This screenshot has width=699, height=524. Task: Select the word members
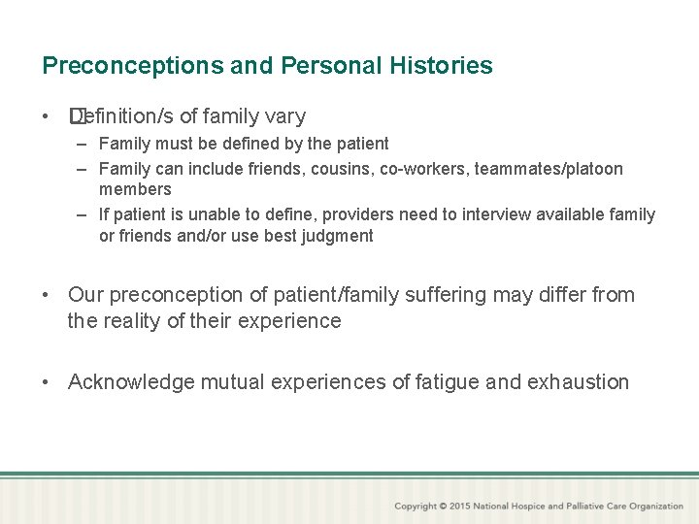[x=135, y=189]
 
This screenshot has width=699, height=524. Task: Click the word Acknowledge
[x=131, y=382]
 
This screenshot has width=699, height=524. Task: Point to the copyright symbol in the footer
[x=443, y=506]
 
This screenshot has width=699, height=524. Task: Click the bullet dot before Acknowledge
[x=47, y=382]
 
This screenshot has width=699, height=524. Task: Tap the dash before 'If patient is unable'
[x=83, y=214]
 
